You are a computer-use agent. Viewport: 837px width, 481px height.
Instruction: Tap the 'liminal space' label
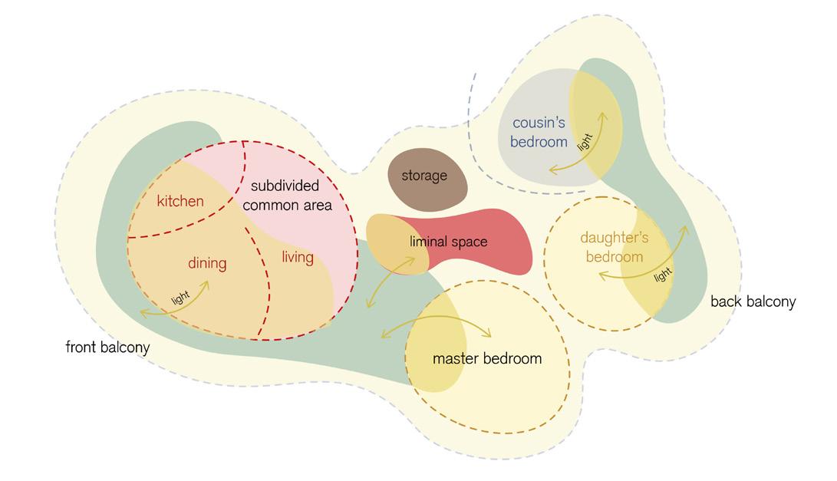coord(448,242)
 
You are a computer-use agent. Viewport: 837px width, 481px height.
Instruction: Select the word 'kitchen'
coord(180,201)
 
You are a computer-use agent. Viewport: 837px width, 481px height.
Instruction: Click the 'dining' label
coord(207,263)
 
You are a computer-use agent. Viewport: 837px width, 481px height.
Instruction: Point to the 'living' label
coord(297,257)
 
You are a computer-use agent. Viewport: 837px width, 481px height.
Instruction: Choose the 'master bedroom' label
coord(487,358)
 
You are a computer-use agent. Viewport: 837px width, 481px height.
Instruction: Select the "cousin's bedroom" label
coord(540,132)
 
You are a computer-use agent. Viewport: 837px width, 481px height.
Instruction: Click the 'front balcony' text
coord(107,348)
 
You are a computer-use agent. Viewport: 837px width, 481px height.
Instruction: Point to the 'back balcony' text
coord(753,301)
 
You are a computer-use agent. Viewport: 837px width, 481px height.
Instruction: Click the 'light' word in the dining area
coord(180,297)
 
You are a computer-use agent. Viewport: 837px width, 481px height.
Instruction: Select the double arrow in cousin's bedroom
coord(577,146)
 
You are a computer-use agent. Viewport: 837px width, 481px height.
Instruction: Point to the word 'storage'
coord(424,176)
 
